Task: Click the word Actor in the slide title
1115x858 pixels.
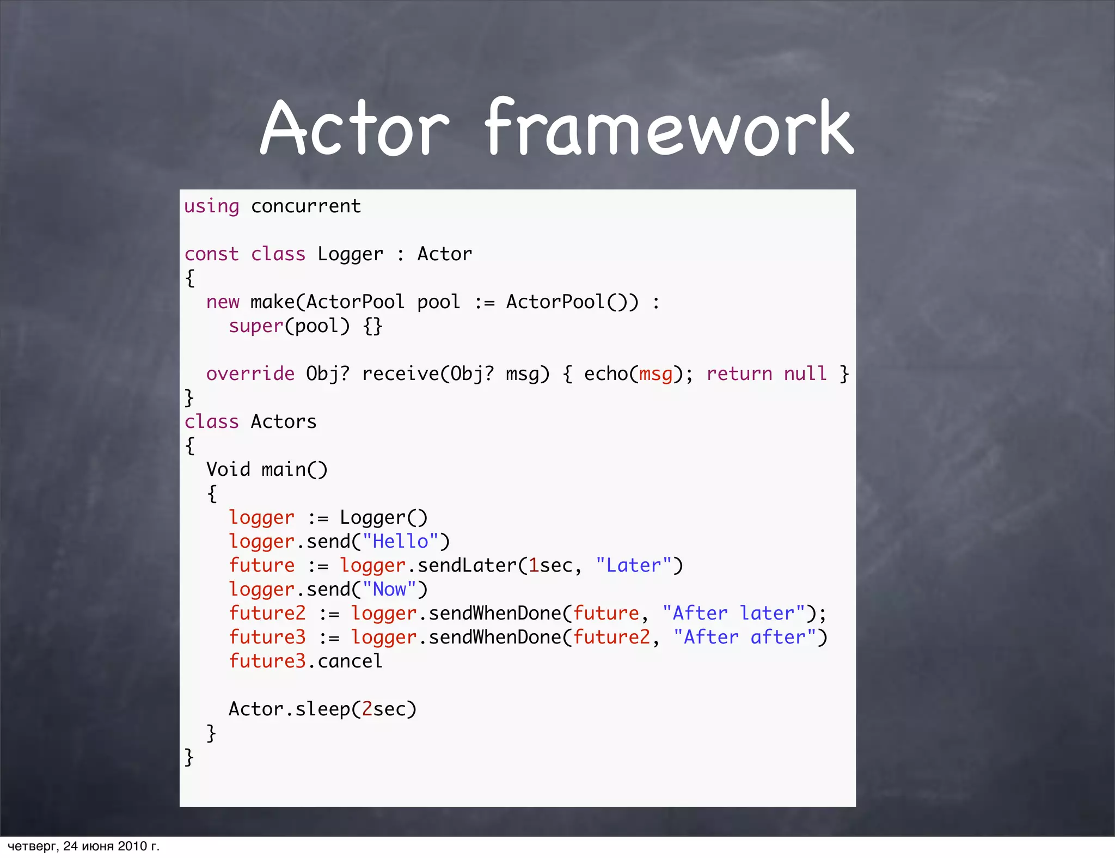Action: pyautogui.click(x=354, y=129)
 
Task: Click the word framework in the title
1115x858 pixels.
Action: pyautogui.click(x=669, y=129)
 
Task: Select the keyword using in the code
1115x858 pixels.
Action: pyautogui.click(x=211, y=207)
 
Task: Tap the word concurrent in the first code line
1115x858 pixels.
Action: pyautogui.click(x=305, y=207)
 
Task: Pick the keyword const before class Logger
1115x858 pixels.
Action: pyautogui.click(x=211, y=254)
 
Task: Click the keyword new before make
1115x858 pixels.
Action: pyautogui.click(x=223, y=302)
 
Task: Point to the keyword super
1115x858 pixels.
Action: pyautogui.click(x=256, y=326)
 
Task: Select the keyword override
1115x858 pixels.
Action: pyautogui.click(x=250, y=374)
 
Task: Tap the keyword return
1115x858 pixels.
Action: pyautogui.click(x=739, y=374)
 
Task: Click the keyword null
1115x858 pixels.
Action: pyautogui.click(x=805, y=374)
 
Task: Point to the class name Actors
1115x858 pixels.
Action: pyautogui.click(x=284, y=422)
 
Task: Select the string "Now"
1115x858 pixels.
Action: pyautogui.click(x=389, y=590)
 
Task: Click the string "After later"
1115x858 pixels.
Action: pyautogui.click(x=733, y=614)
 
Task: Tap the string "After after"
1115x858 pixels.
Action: pyautogui.click(x=744, y=638)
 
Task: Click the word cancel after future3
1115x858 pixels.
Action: pyautogui.click(x=350, y=661)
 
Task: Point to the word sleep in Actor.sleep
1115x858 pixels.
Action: pyautogui.click(x=322, y=709)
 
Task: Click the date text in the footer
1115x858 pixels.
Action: pyautogui.click(x=83, y=846)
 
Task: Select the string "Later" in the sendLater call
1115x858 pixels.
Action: pyautogui.click(x=633, y=566)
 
